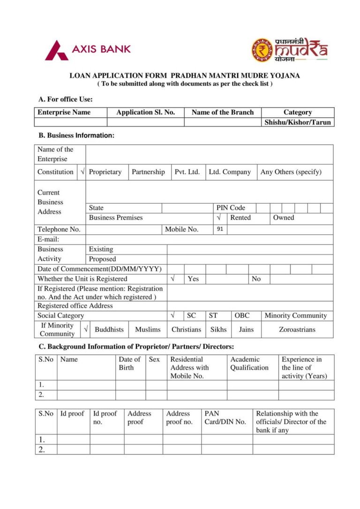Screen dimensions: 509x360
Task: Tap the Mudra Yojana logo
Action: pyautogui.click(x=289, y=50)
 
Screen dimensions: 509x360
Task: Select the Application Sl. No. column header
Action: pyautogui.click(x=145, y=112)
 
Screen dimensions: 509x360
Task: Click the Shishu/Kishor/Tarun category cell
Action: pyautogui.click(x=298, y=122)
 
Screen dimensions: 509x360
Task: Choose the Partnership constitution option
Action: pyautogui.click(x=148, y=172)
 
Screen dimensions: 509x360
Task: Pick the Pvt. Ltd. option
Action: pyautogui.click(x=187, y=172)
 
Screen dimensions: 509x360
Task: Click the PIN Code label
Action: pyautogui.click(x=231, y=208)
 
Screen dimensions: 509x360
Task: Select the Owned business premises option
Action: pyautogui.click(x=284, y=217)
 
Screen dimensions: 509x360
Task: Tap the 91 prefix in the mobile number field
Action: pyautogui.click(x=220, y=229)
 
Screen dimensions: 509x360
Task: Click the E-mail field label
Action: pyautogui.click(x=48, y=240)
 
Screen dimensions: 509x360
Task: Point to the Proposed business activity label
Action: pyautogui.click(x=102, y=259)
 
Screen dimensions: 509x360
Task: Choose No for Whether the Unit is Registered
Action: pyautogui.click(x=256, y=279)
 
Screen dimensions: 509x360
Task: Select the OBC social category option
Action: pyautogui.click(x=242, y=315)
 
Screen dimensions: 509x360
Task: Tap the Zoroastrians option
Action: pyautogui.click(x=297, y=329)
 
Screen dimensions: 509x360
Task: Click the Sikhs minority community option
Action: pyautogui.click(x=218, y=329)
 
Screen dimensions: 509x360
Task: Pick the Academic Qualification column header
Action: pyautogui.click(x=249, y=364)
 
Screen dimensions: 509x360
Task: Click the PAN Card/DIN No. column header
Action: pyautogui.click(x=225, y=418)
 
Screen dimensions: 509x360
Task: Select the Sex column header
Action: pyautogui.click(x=154, y=359)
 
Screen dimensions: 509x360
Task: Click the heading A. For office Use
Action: pyautogui.click(x=66, y=99)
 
